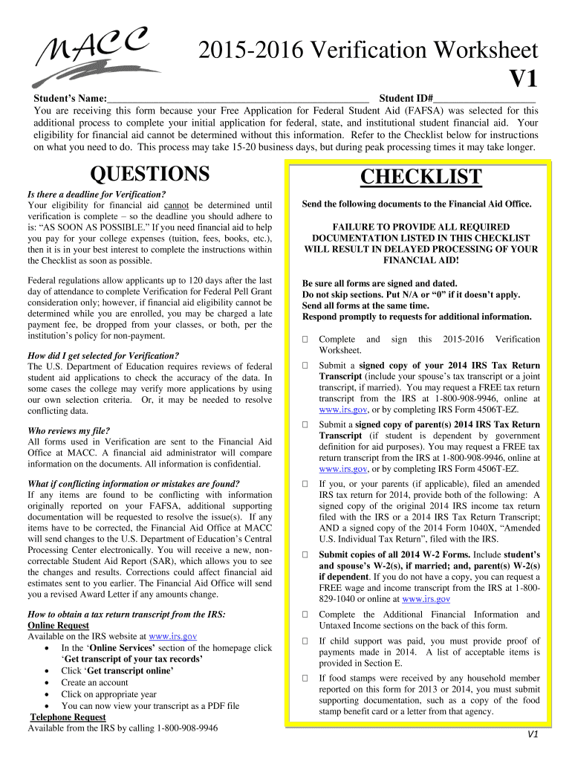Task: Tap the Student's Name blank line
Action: pos(238,99)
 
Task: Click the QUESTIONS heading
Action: pos(149,174)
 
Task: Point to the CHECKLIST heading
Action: pos(420,178)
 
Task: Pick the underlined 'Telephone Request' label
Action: pos(68,717)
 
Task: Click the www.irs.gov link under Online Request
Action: pos(172,637)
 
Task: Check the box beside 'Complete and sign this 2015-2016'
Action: pos(305,340)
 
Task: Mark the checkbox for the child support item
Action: pos(305,641)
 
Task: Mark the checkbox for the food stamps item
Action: pos(305,679)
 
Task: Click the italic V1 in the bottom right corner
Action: pos(532,735)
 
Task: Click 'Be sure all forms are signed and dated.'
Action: pos(380,284)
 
